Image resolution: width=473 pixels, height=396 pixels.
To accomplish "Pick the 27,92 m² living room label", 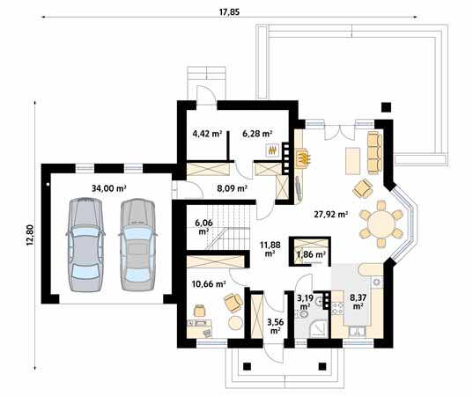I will pyautogui.click(x=330, y=214).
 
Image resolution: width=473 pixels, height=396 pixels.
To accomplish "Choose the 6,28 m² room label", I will pyautogui.click(x=257, y=135).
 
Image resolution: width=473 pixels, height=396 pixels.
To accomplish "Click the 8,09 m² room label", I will pyautogui.click(x=233, y=187).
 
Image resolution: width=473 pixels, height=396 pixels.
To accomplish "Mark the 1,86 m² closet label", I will pyautogui.click(x=311, y=254).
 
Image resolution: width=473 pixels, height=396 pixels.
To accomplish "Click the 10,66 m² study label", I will pyautogui.click(x=209, y=284).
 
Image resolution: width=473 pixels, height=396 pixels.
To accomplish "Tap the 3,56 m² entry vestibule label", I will pyautogui.click(x=275, y=325).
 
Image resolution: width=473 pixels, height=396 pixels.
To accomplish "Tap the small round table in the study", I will pyautogui.click(x=235, y=323).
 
